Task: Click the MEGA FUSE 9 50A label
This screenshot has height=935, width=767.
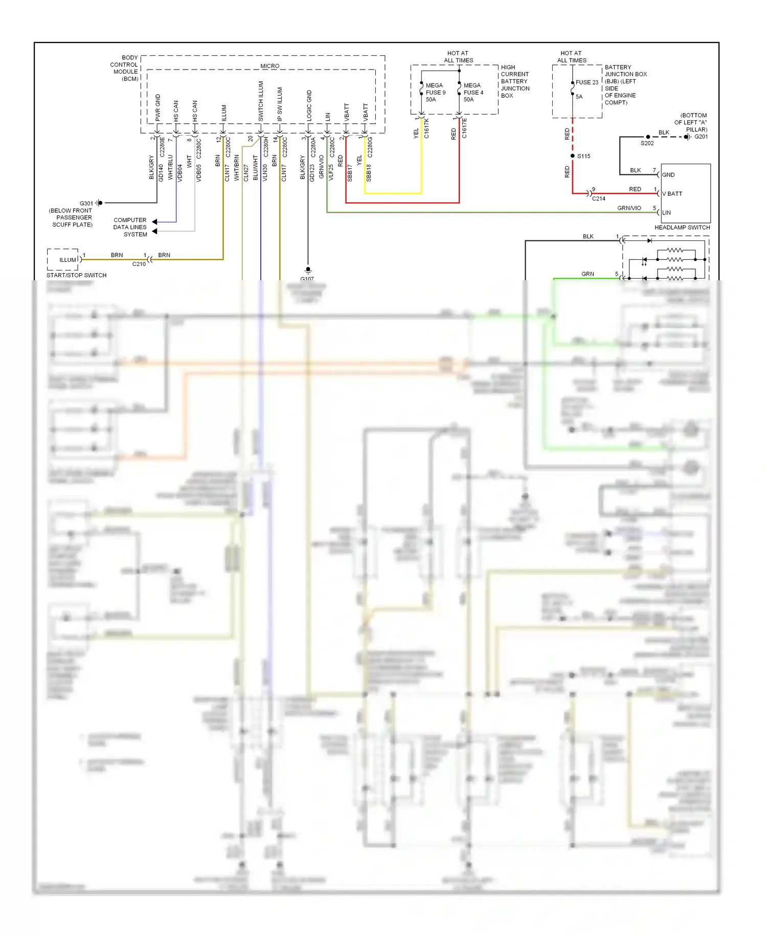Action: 435,93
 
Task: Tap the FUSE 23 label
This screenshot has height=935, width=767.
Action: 586,82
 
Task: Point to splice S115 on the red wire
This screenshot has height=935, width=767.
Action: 573,156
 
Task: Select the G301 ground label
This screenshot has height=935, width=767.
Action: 86,203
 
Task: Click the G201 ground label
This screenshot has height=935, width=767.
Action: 701,137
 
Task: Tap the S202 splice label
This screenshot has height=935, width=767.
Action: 647,143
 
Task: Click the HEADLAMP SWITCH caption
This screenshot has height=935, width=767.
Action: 682,228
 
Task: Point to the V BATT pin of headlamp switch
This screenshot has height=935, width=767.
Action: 672,194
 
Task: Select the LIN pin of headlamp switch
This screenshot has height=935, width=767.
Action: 666,213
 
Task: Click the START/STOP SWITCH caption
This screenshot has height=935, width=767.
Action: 77,275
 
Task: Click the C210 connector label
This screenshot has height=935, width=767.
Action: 139,264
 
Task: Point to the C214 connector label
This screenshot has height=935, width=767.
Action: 598,199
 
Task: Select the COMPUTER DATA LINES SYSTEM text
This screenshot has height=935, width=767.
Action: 130,227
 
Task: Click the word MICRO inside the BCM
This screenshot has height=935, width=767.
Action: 269,66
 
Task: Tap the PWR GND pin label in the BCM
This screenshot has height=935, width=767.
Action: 158,107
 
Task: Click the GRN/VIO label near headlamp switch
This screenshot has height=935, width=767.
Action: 629,208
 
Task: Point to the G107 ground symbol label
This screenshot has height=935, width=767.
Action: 307,279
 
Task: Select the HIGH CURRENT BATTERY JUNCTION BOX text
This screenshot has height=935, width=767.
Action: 515,81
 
